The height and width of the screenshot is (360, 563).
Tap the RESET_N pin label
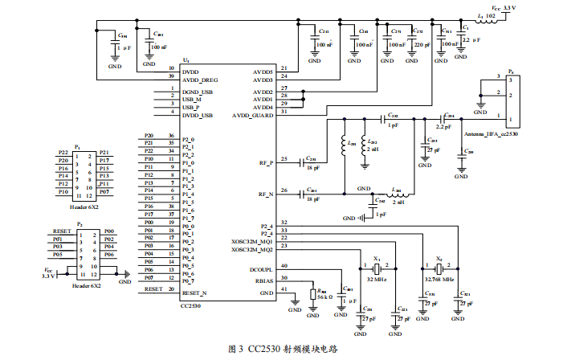(x=195, y=294)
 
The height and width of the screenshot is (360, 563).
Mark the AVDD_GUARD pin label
(x=254, y=116)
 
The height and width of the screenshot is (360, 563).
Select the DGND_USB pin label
(x=198, y=92)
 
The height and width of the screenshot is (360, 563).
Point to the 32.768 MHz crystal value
(x=441, y=278)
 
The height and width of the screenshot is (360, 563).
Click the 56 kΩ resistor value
(x=324, y=297)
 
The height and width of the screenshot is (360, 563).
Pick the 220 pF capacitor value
(x=420, y=44)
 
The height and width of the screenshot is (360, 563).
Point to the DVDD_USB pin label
(x=198, y=116)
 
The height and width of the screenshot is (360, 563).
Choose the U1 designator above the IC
(x=186, y=60)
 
